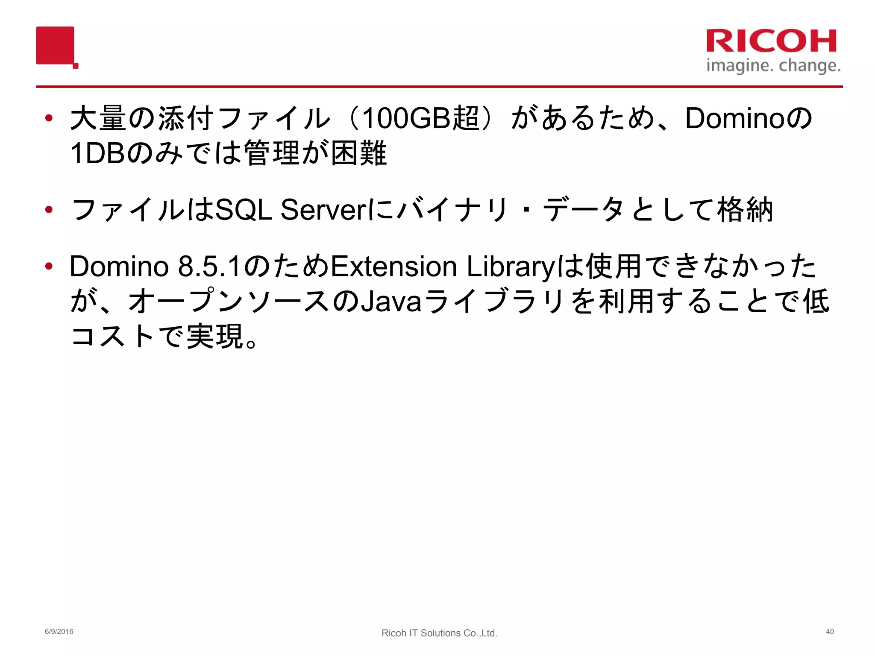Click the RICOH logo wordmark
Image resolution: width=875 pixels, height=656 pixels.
point(771,41)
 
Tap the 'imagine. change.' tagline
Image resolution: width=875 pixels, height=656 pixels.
point(773,66)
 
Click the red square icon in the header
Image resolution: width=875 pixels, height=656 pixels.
point(56,46)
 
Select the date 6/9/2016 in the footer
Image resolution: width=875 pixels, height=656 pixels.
point(59,632)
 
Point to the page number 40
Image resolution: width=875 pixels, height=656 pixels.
point(830,632)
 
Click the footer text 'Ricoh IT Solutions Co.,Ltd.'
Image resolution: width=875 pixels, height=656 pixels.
point(439,633)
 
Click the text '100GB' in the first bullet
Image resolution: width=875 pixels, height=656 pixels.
point(406,118)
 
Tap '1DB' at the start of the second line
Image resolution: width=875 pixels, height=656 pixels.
point(98,153)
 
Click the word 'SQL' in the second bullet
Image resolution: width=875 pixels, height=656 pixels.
point(244,210)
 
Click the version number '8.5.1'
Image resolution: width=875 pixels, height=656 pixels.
point(209,266)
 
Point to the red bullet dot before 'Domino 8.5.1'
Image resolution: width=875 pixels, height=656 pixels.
point(49,266)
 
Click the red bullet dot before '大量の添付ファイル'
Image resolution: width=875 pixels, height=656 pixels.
point(49,118)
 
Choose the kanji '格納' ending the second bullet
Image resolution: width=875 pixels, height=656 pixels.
point(745,210)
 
